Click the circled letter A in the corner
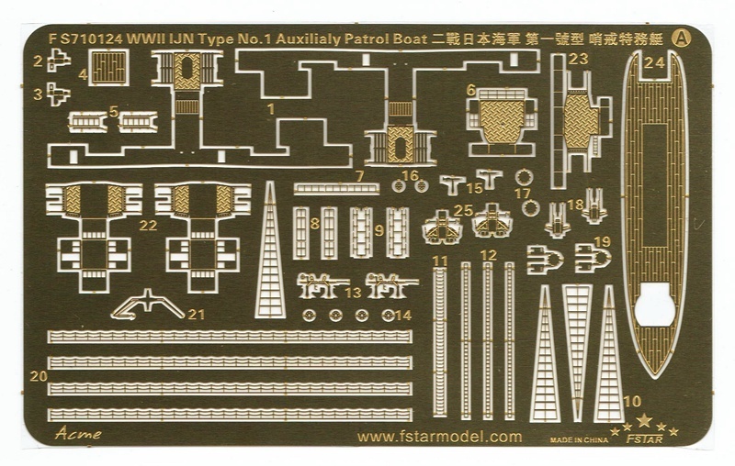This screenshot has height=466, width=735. pos(682,39)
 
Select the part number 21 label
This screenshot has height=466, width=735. pos(195,314)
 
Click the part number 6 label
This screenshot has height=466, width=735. pos(470,90)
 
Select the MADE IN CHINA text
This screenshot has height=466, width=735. pos(579,439)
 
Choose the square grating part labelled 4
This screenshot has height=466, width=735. pos(109,66)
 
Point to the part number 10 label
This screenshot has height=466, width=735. pos(632,401)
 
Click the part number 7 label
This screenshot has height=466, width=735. pos(360,174)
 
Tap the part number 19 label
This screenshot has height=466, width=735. pos(603,241)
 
